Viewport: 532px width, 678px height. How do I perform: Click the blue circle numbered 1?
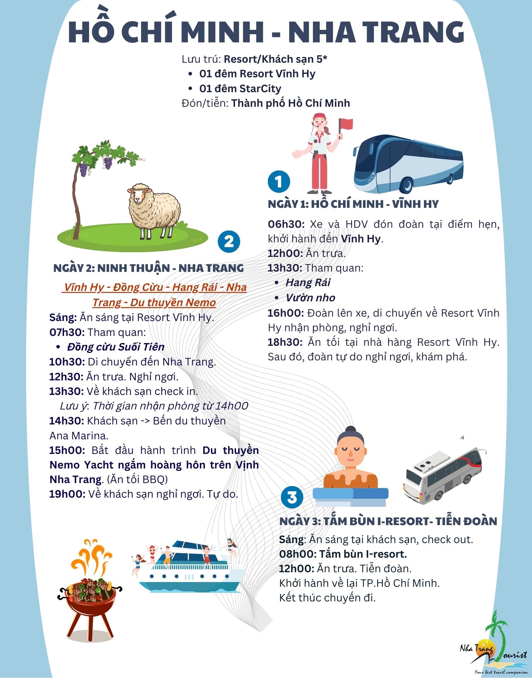(x=279, y=182)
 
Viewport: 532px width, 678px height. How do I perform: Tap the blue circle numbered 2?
(x=229, y=242)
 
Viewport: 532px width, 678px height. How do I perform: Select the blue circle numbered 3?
(x=292, y=497)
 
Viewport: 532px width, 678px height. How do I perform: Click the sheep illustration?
(x=154, y=210)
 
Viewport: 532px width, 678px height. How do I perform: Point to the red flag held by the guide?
(x=345, y=124)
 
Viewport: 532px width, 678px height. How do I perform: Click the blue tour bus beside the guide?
(x=408, y=163)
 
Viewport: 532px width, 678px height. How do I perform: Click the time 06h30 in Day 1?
(x=286, y=224)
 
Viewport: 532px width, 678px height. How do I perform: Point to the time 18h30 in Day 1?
(x=285, y=342)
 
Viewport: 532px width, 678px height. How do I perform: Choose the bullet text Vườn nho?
(x=310, y=298)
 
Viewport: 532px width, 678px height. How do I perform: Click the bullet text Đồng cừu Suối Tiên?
(x=115, y=347)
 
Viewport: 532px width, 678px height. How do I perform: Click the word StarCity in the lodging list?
(x=260, y=88)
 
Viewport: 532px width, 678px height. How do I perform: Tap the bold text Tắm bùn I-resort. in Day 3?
(x=363, y=554)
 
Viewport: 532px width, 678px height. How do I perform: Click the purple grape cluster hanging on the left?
(x=83, y=168)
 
